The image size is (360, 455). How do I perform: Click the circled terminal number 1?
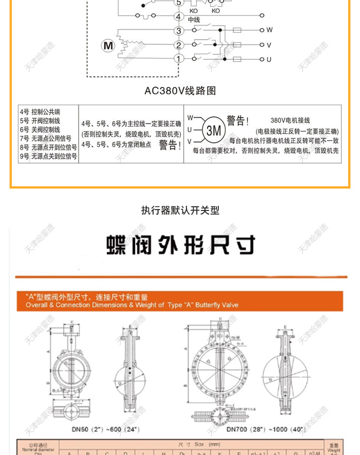pos(179,59)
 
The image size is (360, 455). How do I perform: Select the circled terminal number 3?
pos(179,31)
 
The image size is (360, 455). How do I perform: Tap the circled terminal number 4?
pos(179,16)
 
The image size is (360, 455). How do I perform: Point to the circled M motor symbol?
pos(108,46)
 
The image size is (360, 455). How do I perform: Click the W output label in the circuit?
pos(269,30)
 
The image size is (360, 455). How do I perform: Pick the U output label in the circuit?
pos(269,59)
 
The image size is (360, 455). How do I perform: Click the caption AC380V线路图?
pos(180,91)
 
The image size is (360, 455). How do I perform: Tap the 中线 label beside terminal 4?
pos(194,20)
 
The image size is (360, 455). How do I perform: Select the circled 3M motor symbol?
pos(213,131)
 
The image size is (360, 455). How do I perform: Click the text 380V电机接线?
pos(290,121)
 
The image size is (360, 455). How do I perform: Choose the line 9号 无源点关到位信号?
pos(48,156)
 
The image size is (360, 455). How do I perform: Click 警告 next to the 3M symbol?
pos(237,121)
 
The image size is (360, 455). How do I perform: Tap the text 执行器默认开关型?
pos(180,210)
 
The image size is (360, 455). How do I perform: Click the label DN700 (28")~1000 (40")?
pos(259,429)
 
